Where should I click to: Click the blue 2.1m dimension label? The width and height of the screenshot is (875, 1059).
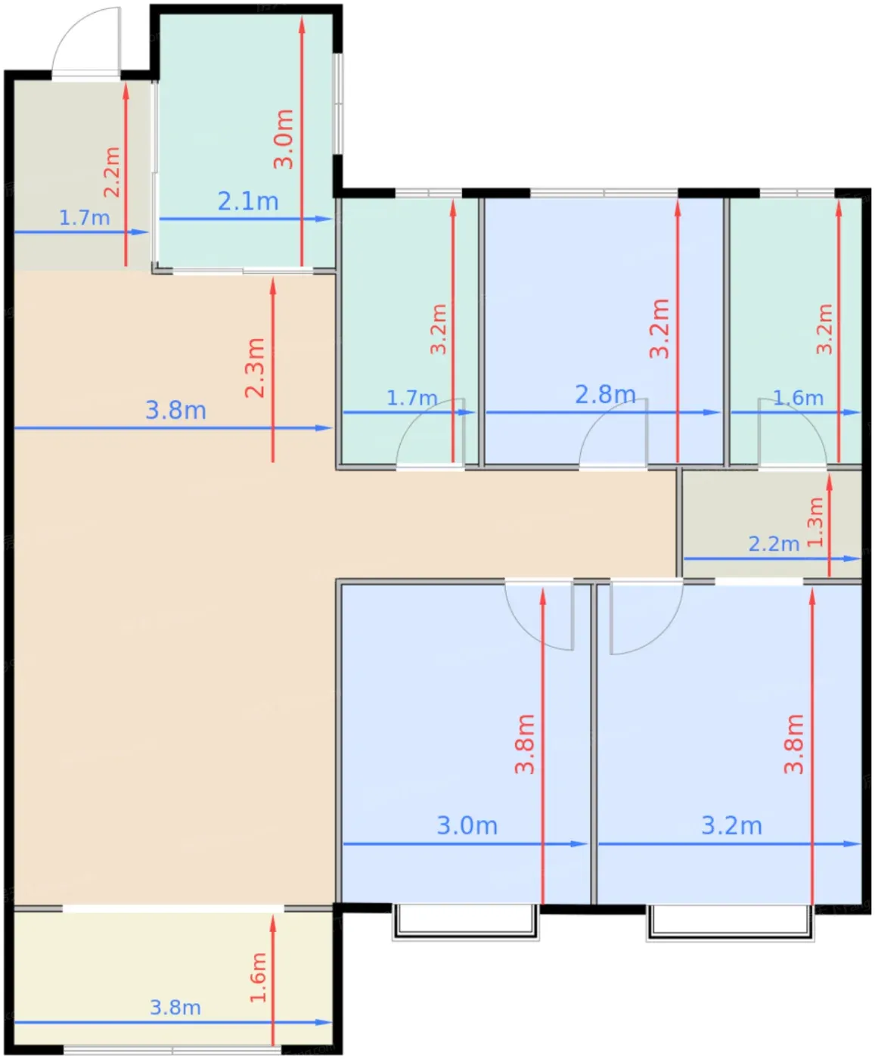click(248, 201)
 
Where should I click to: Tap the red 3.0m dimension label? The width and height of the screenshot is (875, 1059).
click(284, 138)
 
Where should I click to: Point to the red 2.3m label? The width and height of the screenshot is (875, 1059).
click(255, 367)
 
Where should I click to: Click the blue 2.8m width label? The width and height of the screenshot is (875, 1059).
click(605, 394)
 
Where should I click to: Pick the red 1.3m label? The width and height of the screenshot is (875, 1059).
click(815, 522)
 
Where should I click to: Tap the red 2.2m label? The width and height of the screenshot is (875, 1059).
click(112, 172)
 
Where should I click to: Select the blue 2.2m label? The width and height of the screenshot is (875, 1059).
click(774, 544)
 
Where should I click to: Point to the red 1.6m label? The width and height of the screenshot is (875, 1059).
click(258, 977)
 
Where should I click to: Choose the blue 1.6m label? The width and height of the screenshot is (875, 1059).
click(798, 398)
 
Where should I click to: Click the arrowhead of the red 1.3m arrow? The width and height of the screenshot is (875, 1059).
click(830, 483)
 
